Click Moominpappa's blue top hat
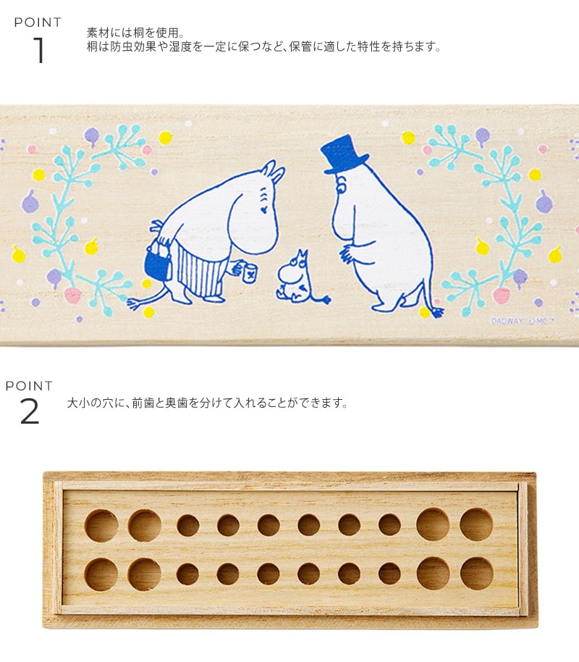pyautogui.click(x=342, y=154)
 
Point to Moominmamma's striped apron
pyautogui.click(x=198, y=270)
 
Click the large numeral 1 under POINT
pyautogui.click(x=39, y=50)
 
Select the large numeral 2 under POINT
pyautogui.click(x=30, y=411)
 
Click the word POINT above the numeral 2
pyautogui.click(x=29, y=385)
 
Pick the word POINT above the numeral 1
pyautogui.click(x=38, y=22)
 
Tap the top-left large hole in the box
pyautogui.click(x=101, y=526)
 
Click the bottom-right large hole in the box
pyautogui.click(x=477, y=574)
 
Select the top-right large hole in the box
pyautogui.click(x=476, y=525)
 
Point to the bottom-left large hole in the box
pyautogui.click(x=101, y=574)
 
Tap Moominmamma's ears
pyautogui.click(x=274, y=171)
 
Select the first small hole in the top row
pyautogui.click(x=187, y=526)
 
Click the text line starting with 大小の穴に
pyautogui.click(x=208, y=403)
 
